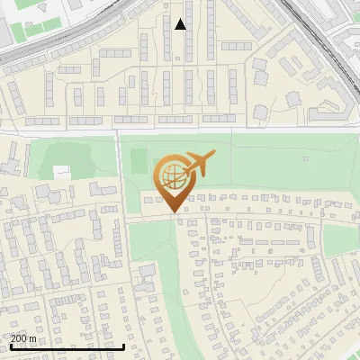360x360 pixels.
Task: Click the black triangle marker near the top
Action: pos(180,24)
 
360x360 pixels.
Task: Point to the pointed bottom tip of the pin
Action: pos(174,211)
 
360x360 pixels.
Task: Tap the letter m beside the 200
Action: pos(34,339)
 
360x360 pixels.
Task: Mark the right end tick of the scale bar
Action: pos(123,346)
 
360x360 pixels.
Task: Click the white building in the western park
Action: pos(62,171)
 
